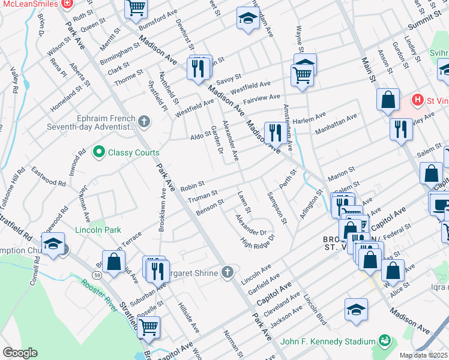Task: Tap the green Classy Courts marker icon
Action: tap(100, 152)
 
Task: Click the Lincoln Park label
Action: tap(98, 230)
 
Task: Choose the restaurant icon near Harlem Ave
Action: tap(275, 132)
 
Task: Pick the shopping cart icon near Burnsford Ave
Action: tap(136, 8)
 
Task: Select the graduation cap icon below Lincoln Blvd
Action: tap(356, 308)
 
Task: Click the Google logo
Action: tap(20, 353)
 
